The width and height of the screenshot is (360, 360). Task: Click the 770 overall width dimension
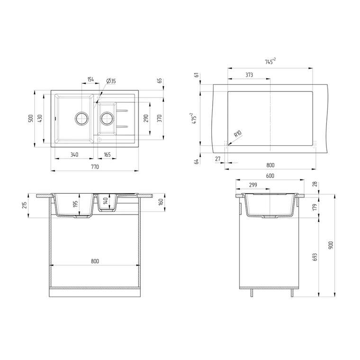95,166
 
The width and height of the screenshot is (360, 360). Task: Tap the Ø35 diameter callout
111,81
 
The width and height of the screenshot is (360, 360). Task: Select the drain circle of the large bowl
81,118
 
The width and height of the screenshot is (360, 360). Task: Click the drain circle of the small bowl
107,118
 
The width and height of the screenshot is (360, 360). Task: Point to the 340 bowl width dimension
74,154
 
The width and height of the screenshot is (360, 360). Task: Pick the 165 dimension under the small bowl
107,154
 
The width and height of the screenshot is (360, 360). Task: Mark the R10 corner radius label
238,134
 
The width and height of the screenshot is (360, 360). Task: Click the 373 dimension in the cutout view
249,75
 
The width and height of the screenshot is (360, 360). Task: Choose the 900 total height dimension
331,245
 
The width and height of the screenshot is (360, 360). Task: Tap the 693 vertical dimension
315,257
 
